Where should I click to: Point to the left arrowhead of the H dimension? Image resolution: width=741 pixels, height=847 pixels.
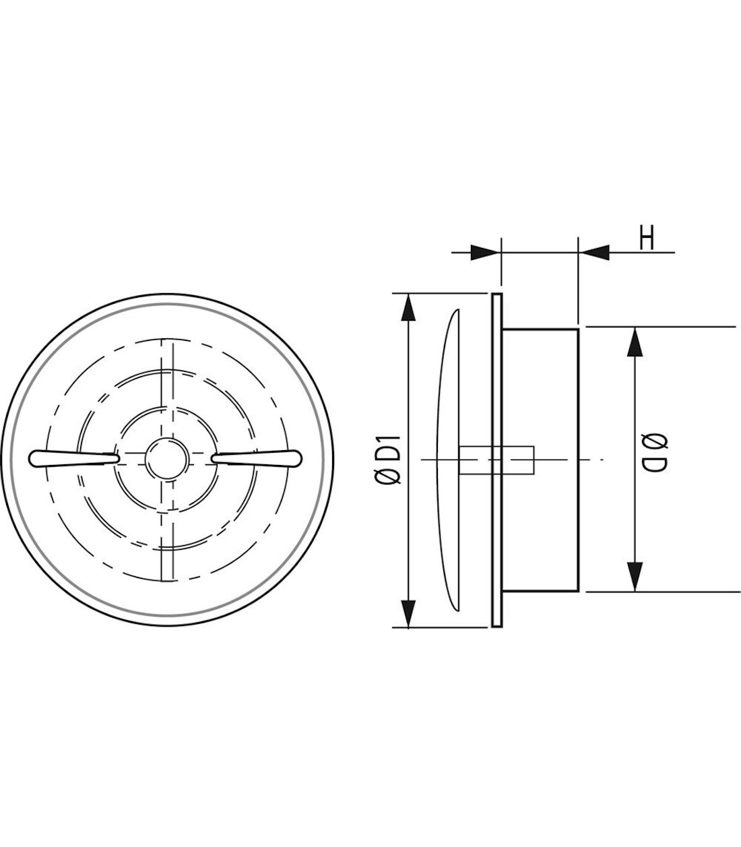[x=486, y=253]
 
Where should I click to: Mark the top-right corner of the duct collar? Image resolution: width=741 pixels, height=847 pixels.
[x=578, y=329]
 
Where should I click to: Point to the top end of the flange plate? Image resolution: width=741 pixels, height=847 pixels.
[x=496, y=295]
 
